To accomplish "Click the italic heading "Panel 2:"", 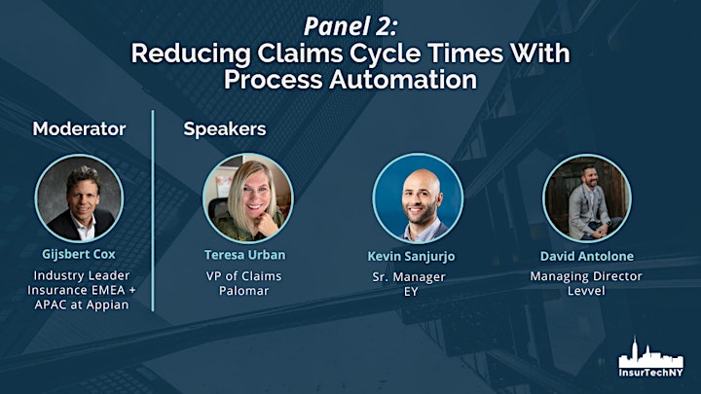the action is tap(350, 26).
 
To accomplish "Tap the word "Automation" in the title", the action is tap(403, 80).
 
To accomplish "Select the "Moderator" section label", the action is tap(79, 128).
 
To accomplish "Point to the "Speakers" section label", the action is tap(225, 129).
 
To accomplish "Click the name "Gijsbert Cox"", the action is tap(79, 254).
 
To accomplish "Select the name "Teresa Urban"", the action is tap(245, 255).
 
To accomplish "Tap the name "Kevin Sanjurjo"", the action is tap(411, 257).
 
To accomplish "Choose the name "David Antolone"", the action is tap(587, 256).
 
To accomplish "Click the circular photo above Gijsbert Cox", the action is tap(79, 198).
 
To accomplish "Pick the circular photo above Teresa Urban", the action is tap(248, 198).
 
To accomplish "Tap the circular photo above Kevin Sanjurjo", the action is tap(418, 198).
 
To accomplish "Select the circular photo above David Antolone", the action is tap(587, 198).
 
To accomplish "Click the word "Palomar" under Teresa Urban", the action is tap(244, 291).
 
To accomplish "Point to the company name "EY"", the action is tap(411, 292).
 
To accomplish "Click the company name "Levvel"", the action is tap(586, 291).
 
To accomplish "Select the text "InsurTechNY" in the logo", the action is tap(651, 372).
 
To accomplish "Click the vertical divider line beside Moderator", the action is tap(153, 210).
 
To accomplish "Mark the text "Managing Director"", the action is tap(586, 276).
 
